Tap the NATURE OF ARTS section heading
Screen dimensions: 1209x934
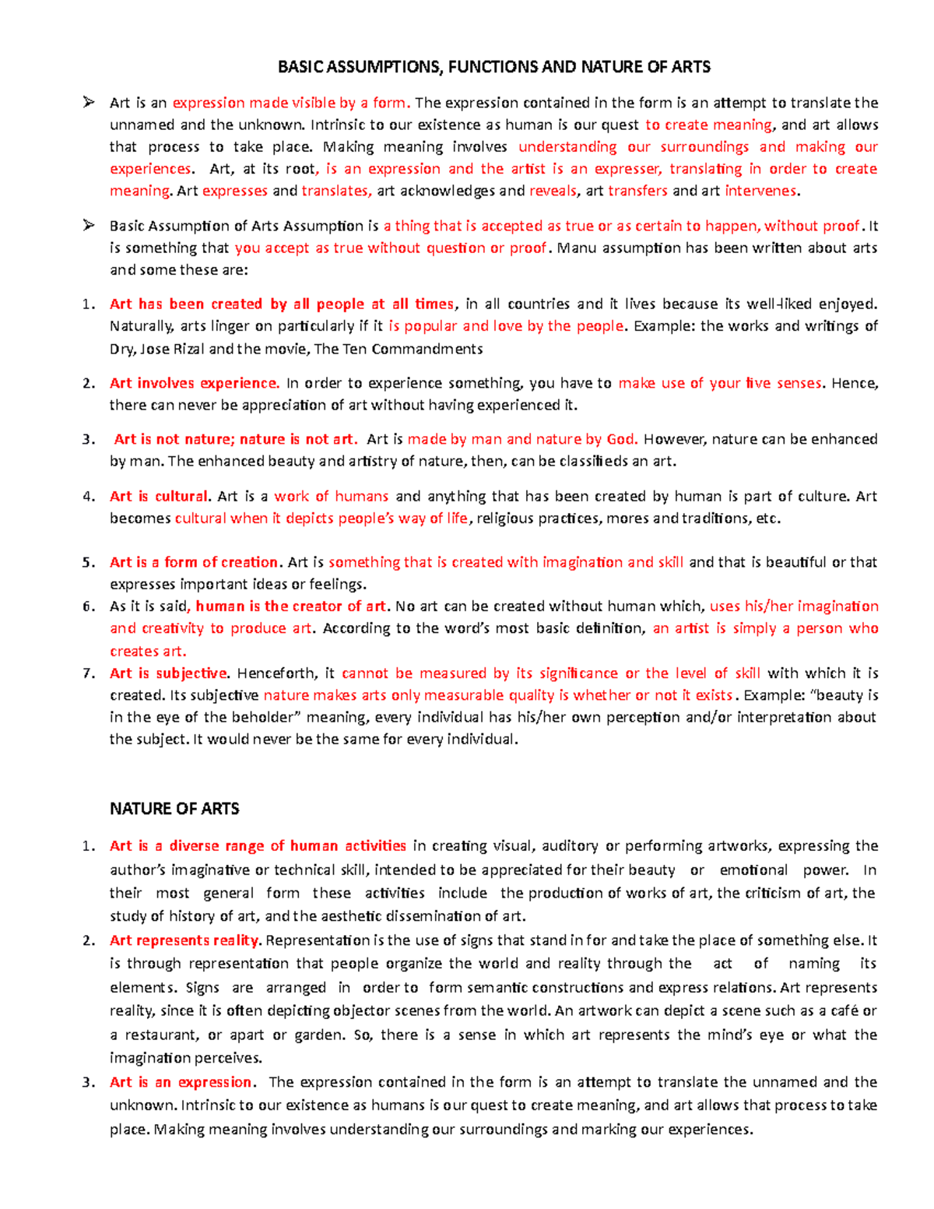tap(174, 809)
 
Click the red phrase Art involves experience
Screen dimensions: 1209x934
tap(194, 383)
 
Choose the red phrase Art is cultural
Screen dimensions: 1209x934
tap(160, 497)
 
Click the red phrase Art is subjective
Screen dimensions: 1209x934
tap(169, 673)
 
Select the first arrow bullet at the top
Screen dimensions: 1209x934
tap(89, 102)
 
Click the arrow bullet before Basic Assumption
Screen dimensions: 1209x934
tap(89, 226)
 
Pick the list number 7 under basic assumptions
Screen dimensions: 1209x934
tap(88, 673)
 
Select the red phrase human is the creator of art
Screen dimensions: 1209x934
tap(291, 606)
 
